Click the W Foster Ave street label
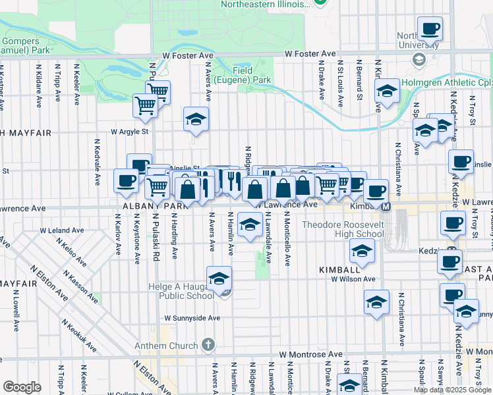(310, 54)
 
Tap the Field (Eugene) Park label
(252, 75)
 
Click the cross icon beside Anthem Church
(208, 345)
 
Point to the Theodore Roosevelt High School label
(343, 229)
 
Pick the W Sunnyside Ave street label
(192, 317)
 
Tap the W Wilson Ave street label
(353, 279)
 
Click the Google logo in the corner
(22, 387)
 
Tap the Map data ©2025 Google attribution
(452, 390)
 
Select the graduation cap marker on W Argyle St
(196, 120)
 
